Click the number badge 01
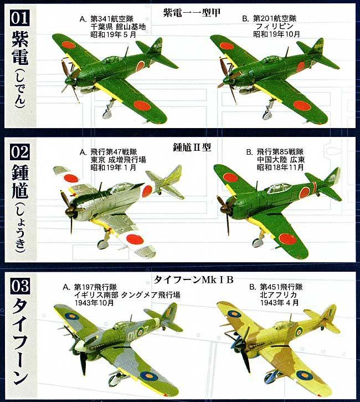click(x=18, y=17)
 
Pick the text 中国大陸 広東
click(x=279, y=159)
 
